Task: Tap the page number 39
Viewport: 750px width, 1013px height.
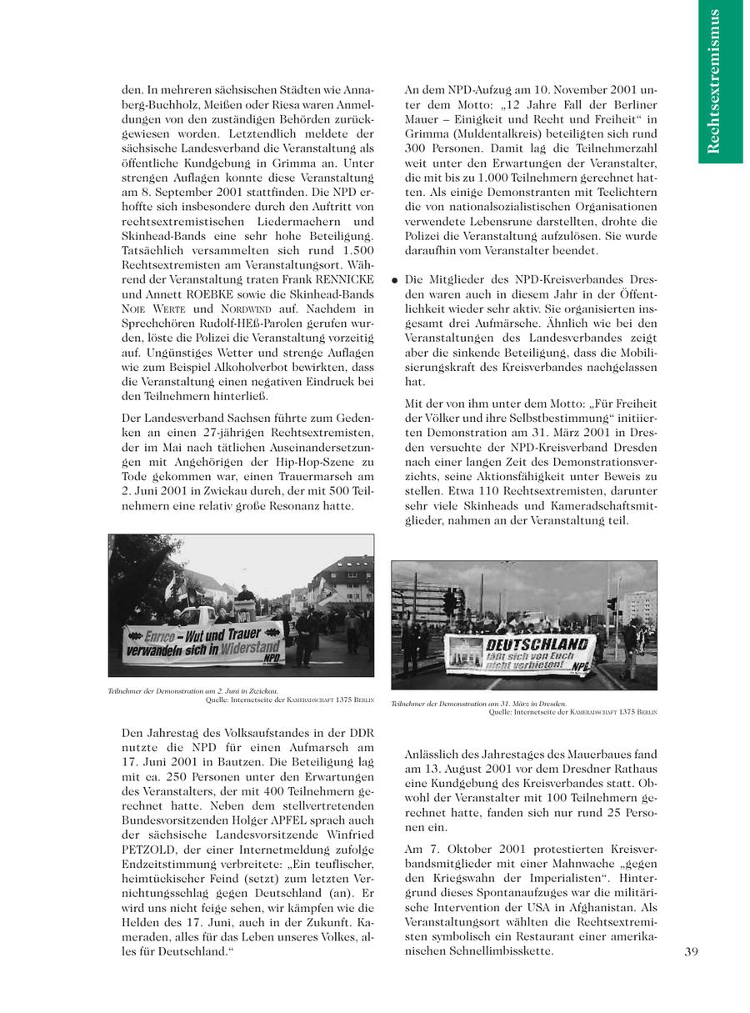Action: coord(691,951)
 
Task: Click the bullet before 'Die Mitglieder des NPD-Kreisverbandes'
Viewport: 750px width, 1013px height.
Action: coord(393,280)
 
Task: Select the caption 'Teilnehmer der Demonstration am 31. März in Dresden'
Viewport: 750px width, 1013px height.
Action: coord(478,704)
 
